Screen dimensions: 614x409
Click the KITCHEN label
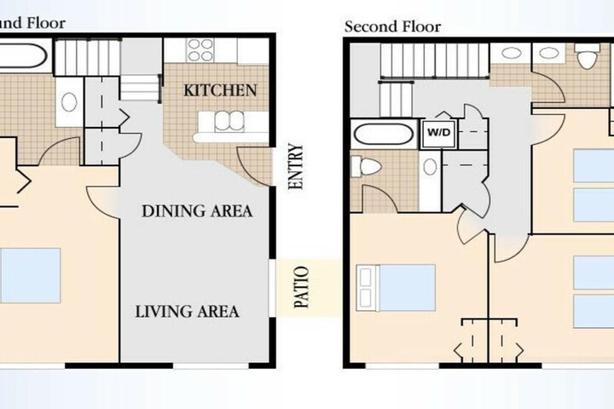tap(220, 90)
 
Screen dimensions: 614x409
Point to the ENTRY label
tap(296, 167)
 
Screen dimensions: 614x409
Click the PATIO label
tap(301, 287)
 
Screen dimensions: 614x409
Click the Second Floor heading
tap(392, 26)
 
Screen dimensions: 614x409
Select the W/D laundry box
tap(438, 133)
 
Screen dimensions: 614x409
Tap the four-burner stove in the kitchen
tap(200, 50)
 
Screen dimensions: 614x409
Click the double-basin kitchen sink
tap(229, 121)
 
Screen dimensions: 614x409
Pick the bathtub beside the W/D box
tap(384, 135)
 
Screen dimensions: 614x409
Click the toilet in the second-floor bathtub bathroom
tap(366, 167)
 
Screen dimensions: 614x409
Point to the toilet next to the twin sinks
tap(587, 56)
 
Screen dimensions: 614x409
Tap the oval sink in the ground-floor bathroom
tap(69, 101)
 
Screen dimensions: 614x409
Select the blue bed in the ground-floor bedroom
tap(30, 275)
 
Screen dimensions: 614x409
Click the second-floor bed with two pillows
tap(396, 288)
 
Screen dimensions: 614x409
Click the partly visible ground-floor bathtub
tap(24, 56)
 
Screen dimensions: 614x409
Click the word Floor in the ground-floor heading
tap(45, 23)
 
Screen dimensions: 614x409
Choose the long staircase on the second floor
tap(435, 60)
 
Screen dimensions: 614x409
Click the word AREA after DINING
tap(231, 211)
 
